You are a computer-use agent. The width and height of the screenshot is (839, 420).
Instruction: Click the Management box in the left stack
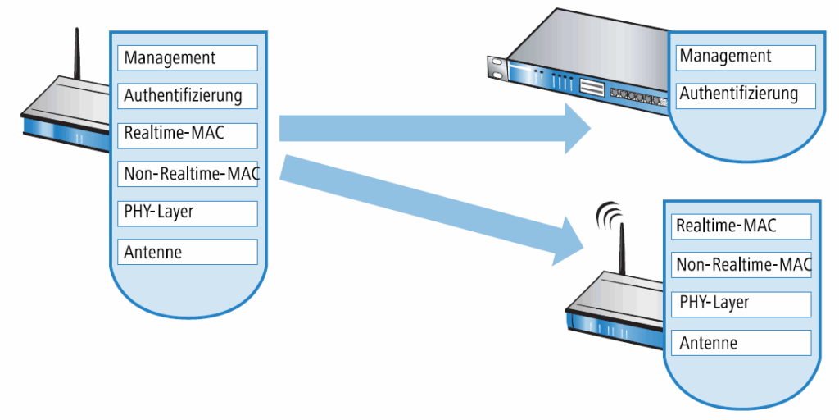(188, 57)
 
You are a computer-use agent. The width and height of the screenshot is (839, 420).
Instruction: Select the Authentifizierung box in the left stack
(188, 96)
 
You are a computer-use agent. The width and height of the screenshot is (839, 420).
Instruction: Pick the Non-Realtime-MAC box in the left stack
(188, 174)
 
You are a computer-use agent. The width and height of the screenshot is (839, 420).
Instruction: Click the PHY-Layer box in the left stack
(188, 212)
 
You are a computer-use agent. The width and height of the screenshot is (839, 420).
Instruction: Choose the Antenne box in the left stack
(188, 252)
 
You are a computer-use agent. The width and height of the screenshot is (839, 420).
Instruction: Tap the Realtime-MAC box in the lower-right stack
(741, 226)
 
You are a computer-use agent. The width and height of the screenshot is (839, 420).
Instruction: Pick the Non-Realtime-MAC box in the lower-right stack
(741, 264)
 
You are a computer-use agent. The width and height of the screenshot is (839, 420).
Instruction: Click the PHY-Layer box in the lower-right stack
(741, 304)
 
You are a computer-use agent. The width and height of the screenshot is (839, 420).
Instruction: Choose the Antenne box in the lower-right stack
(741, 343)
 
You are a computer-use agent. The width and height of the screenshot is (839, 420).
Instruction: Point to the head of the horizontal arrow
(577, 129)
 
